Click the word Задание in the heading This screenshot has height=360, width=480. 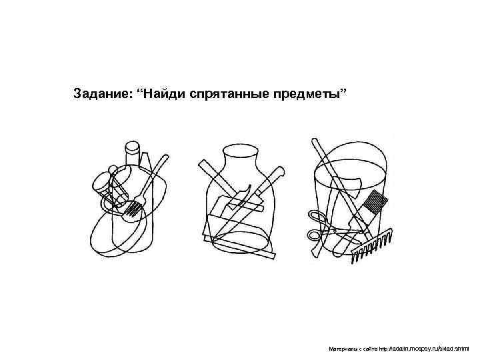click(102, 93)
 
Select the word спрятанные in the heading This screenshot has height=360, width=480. click(229, 94)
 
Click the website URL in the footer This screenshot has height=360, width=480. click(424, 349)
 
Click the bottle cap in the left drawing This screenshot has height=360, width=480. click(133, 147)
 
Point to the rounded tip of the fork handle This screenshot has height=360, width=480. click(165, 157)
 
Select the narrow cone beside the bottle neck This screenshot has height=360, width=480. click(145, 159)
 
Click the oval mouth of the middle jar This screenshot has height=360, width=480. click(240, 150)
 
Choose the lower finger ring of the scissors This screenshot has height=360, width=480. click(315, 236)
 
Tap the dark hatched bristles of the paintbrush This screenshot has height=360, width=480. click(375, 202)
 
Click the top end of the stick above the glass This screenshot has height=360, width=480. click(315, 141)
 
